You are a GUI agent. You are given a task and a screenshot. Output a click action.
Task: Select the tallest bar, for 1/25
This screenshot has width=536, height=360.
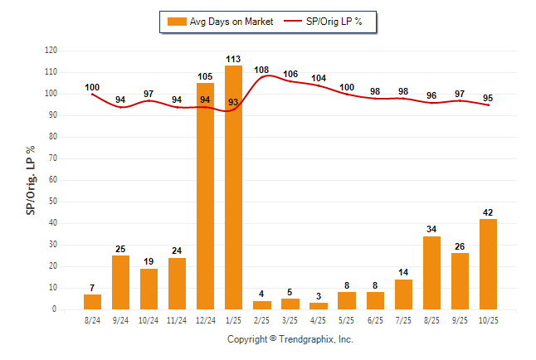tap(233, 187)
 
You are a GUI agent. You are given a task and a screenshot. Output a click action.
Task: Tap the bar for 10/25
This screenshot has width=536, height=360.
tap(488, 264)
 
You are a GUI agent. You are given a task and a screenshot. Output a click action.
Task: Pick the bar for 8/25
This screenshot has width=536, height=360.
tap(431, 272)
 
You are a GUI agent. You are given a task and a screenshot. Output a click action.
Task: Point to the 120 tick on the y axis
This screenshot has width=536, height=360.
tap(51, 51)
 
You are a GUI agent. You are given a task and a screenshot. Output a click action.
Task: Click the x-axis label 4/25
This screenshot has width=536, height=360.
tap(319, 319)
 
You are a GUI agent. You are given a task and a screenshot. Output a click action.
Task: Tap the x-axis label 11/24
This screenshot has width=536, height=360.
tap(177, 319)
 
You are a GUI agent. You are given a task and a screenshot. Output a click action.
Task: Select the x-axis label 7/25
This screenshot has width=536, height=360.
tap(403, 319)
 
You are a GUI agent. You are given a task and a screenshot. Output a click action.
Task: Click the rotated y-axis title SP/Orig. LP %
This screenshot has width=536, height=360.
tap(31, 180)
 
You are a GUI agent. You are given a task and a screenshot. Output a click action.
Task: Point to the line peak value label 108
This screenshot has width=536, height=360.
tap(261, 70)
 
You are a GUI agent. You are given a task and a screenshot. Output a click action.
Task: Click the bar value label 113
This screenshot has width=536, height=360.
tap(233, 59)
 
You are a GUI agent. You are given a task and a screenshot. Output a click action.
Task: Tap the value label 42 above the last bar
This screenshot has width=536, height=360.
tap(488, 212)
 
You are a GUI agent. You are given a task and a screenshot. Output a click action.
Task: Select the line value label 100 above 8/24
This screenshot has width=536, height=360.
tap(92, 87)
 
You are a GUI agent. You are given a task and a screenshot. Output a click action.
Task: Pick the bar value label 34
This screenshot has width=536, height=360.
tap(431, 230)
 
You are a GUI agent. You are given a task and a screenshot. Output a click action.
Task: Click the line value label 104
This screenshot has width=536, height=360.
tap(319, 78)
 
